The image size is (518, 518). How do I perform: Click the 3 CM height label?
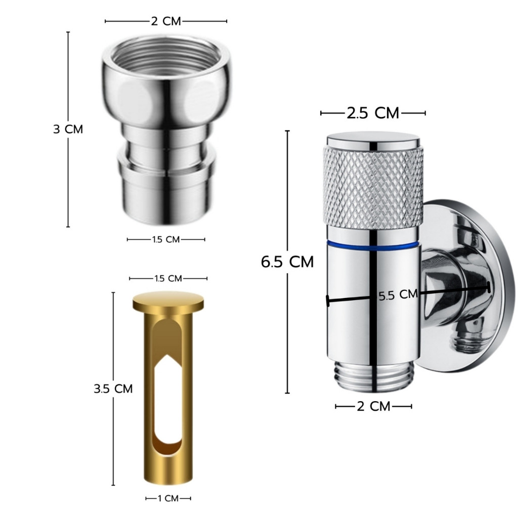tap(68, 129)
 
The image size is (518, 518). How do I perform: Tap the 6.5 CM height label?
tap(287, 262)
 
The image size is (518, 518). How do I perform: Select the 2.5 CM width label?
tap(373, 113)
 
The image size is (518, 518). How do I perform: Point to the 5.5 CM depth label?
tap(398, 294)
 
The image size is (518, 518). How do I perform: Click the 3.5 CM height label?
tap(113, 388)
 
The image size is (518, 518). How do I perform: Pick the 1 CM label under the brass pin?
tap(168, 498)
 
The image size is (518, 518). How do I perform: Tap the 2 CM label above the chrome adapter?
tap(166, 21)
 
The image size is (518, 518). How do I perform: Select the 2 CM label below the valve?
tap(374, 406)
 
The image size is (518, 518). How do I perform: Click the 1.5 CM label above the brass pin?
tap(168, 279)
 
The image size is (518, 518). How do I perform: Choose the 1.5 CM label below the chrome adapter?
tap(166, 239)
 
